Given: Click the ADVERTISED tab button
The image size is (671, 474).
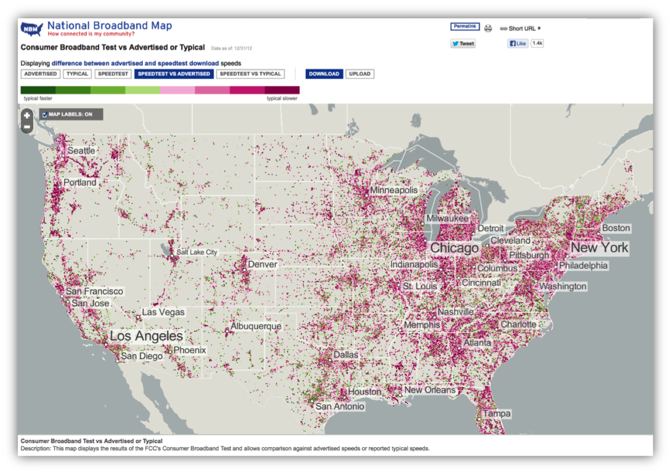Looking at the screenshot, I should pos(40,74).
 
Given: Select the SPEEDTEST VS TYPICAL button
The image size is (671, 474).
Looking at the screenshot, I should pos(250,74).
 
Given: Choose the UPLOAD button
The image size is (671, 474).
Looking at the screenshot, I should pos(359,74).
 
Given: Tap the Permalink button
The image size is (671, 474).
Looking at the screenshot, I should pos(464,27).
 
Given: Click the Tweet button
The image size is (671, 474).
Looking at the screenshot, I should pos(463,44).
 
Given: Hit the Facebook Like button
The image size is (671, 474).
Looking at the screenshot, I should pos(518,44).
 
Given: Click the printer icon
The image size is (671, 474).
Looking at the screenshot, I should pos(488,28).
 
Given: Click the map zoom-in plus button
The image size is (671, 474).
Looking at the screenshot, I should pos(27,115).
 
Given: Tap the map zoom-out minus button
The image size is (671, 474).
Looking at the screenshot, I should pos(27,127).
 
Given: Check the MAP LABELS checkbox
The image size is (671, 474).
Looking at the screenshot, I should pos(45,115).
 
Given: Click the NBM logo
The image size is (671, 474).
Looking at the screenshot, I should pos(32,29).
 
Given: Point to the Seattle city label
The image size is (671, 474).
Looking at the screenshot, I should pos(81,151).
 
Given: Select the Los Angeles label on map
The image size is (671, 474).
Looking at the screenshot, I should pos(146,336).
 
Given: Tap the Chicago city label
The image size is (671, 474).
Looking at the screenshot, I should pos(454,248).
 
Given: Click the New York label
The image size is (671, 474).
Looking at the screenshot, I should pos(599,248).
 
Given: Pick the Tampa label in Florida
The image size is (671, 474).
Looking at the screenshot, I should pos(497,414).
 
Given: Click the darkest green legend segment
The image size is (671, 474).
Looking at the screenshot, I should pos(38,90).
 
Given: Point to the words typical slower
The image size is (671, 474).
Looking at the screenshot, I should pos(282,98).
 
